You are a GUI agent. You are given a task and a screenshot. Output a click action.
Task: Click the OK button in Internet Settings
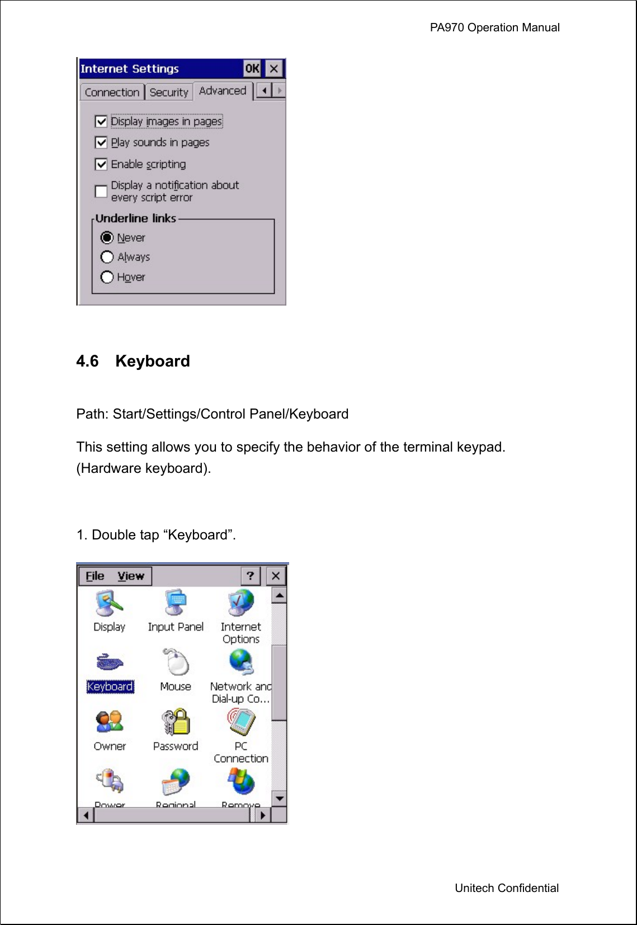tap(252, 69)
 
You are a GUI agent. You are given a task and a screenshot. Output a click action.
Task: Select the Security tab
tap(169, 92)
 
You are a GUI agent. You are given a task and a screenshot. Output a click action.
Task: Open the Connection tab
tap(112, 92)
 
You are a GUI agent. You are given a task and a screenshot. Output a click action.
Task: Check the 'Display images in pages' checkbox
tap(101, 121)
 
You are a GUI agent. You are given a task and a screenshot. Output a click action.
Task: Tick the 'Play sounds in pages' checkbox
tap(101, 143)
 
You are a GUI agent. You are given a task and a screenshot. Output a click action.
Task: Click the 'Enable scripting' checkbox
tap(101, 165)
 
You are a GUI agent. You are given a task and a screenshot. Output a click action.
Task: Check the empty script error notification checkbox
tap(101, 191)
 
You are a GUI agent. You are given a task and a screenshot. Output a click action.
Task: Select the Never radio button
tap(107, 238)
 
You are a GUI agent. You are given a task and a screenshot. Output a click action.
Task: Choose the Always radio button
tap(107, 257)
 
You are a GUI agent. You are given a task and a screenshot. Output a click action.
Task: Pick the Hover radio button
tap(107, 277)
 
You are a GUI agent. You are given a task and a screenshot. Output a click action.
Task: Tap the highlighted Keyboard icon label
tap(110, 687)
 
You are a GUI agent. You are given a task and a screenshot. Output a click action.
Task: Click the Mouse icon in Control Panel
tap(176, 663)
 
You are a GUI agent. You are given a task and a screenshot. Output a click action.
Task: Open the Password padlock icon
tap(176, 722)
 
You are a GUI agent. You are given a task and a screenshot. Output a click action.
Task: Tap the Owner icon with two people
tap(109, 722)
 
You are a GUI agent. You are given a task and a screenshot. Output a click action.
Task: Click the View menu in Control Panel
tap(130, 576)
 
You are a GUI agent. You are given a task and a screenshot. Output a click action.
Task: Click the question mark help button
tap(250, 576)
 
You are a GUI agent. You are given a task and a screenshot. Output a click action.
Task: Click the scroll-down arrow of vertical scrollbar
tap(279, 799)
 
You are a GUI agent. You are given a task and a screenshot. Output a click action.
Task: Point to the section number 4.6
tap(87, 361)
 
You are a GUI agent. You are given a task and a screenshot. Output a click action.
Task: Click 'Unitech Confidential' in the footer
tap(506, 888)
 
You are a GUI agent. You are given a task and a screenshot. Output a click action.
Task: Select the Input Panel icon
tap(176, 603)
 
